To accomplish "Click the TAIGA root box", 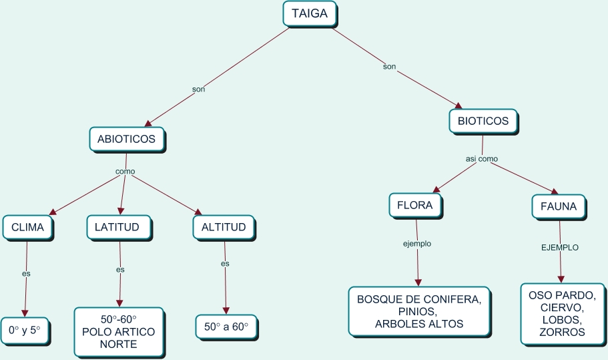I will pyautogui.click(x=310, y=13).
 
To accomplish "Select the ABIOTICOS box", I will pyautogui.click(x=126, y=139).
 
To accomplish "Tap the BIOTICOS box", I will pyautogui.click(x=483, y=122).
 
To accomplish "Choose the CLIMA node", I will pyautogui.click(x=27, y=227).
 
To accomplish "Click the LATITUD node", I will pyautogui.click(x=117, y=227).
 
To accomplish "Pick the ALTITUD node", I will pyautogui.click(x=224, y=227).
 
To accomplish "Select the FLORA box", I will pyautogui.click(x=416, y=206).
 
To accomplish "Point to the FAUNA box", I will pyautogui.click(x=558, y=206).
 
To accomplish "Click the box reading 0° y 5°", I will pyautogui.click(x=25, y=330).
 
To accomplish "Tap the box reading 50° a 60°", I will pyautogui.click(x=226, y=327).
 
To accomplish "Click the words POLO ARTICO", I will pyautogui.click(x=118, y=332).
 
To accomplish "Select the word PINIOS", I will pyautogui.click(x=418, y=312).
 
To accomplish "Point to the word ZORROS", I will pyautogui.click(x=563, y=332).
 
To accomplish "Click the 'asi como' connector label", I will pyautogui.click(x=481, y=159).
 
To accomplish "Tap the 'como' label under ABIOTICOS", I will pyautogui.click(x=125, y=172).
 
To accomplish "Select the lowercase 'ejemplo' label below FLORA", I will pyautogui.click(x=416, y=244).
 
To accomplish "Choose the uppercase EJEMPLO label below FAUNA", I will pyautogui.click(x=559, y=247).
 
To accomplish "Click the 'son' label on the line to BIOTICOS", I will pyautogui.click(x=389, y=66).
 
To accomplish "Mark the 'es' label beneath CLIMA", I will pyautogui.click(x=26, y=273).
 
